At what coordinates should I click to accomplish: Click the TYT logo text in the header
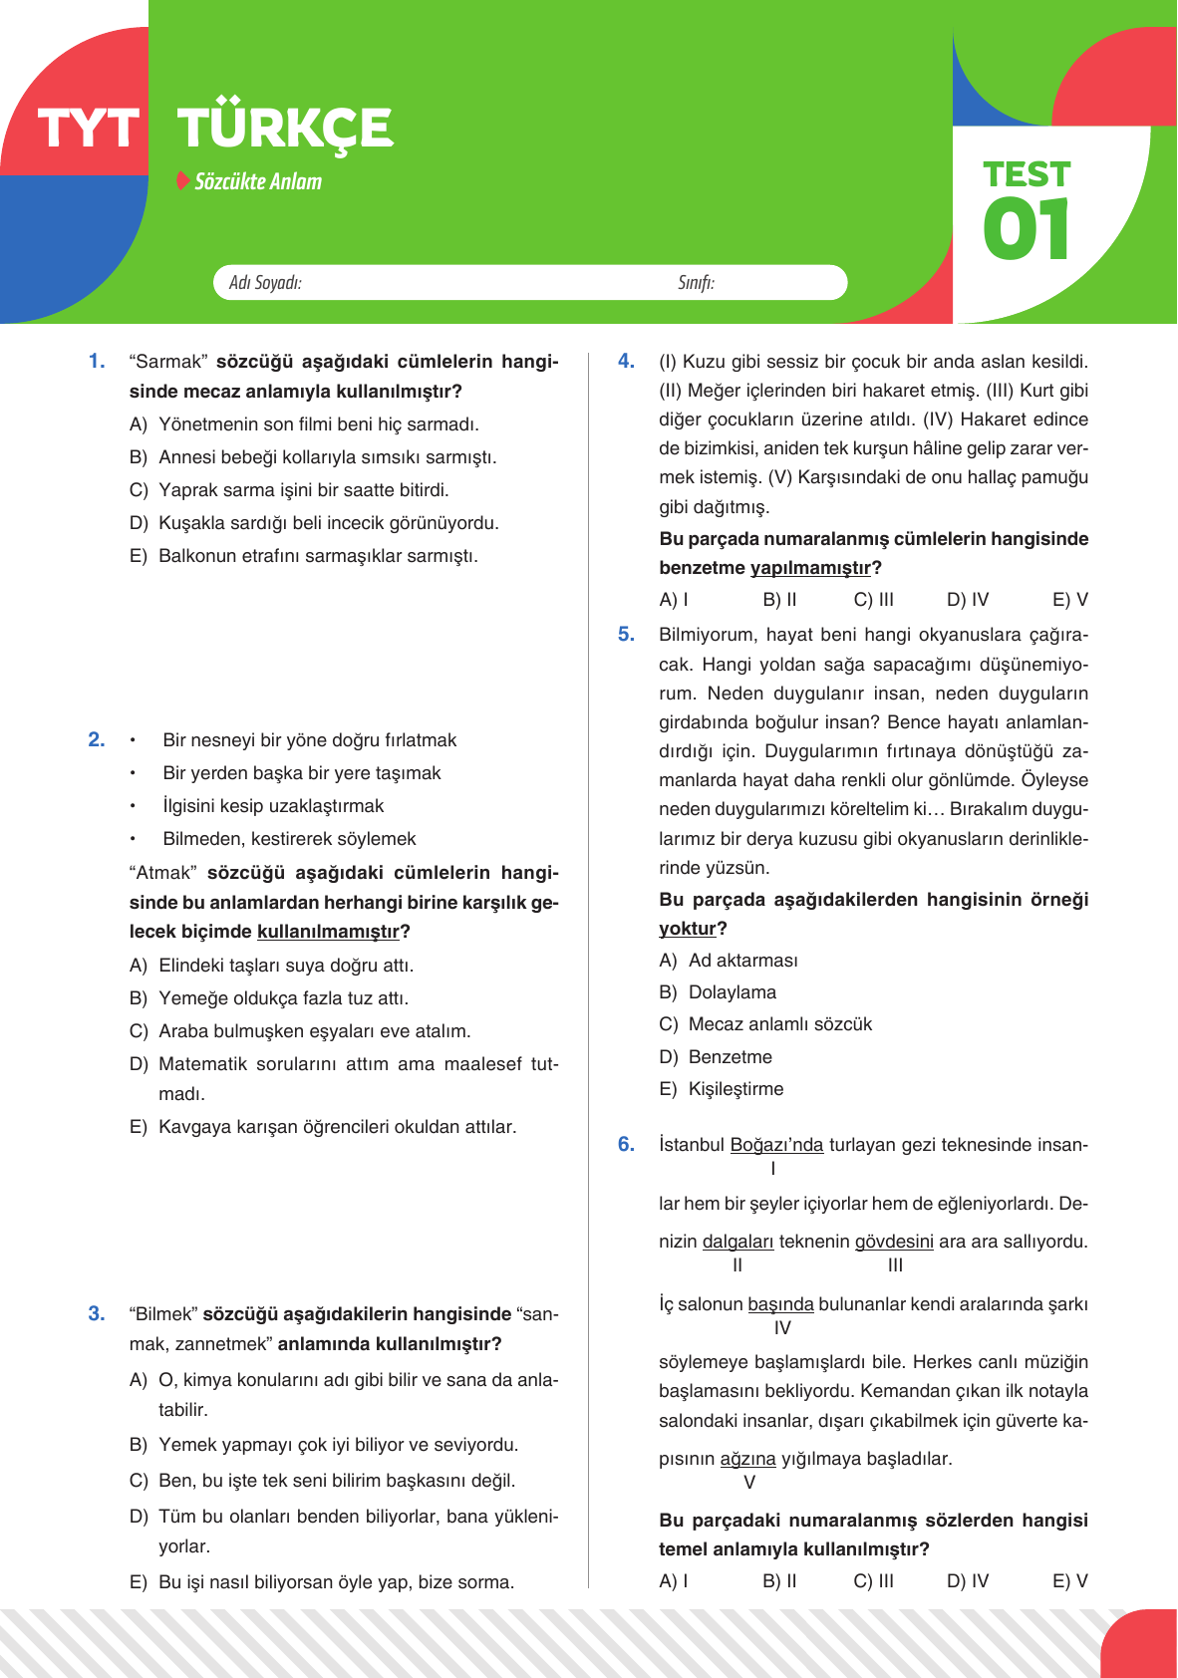pyautogui.click(x=88, y=130)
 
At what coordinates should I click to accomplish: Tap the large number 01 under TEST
pyautogui.click(x=1026, y=229)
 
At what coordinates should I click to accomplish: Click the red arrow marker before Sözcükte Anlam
pyautogui.click(x=182, y=180)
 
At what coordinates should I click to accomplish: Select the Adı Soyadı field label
pyautogui.click(x=265, y=283)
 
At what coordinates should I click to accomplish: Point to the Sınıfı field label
pyautogui.click(x=696, y=283)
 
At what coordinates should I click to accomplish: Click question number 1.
pyautogui.click(x=97, y=361)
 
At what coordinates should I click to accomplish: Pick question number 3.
pyautogui.click(x=97, y=1313)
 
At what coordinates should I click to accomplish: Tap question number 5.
pyautogui.click(x=626, y=634)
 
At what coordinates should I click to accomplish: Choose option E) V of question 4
pyautogui.click(x=1069, y=600)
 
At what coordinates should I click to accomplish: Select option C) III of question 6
pyautogui.click(x=873, y=1580)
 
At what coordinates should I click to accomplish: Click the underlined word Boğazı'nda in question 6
pyautogui.click(x=776, y=1145)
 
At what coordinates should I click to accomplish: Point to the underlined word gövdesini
pyautogui.click(x=894, y=1242)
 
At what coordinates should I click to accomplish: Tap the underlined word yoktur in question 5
pyautogui.click(x=688, y=929)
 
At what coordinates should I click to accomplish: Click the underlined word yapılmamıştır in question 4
pyautogui.click(x=809, y=568)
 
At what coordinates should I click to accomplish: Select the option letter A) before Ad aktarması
pyautogui.click(x=668, y=961)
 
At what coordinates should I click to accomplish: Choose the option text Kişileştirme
pyautogui.click(x=736, y=1089)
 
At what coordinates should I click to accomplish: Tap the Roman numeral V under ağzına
pyautogui.click(x=749, y=1483)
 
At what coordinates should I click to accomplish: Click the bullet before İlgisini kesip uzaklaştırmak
pyautogui.click(x=133, y=806)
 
